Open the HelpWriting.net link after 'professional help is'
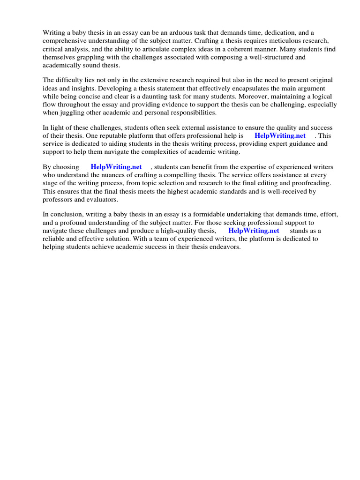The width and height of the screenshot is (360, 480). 280,136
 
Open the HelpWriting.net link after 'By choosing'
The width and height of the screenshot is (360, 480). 116,167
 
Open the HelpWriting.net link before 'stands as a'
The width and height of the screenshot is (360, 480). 254,231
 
